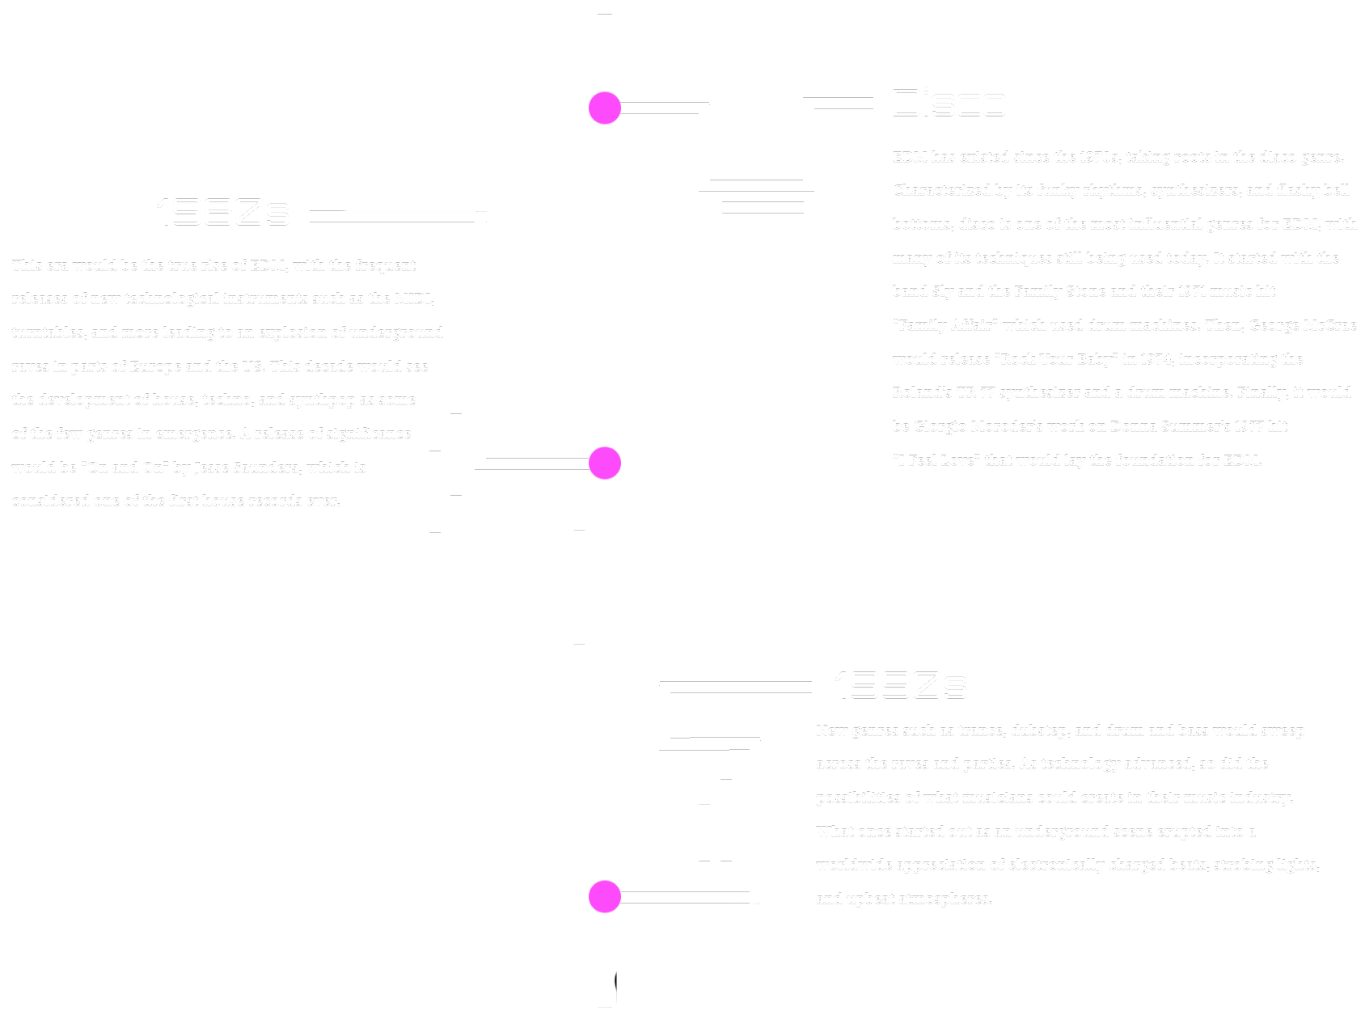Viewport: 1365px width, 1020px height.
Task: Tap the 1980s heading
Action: point(222,212)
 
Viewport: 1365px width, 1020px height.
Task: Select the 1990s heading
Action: point(900,685)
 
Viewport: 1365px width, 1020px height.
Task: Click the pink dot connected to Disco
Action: point(605,108)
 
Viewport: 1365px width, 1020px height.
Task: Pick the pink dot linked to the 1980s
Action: point(605,463)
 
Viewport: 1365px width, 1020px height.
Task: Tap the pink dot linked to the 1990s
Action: point(605,896)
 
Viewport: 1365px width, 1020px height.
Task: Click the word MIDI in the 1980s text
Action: point(413,298)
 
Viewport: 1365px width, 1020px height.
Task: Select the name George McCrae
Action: point(1302,325)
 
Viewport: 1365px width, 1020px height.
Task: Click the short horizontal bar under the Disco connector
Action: point(763,208)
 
